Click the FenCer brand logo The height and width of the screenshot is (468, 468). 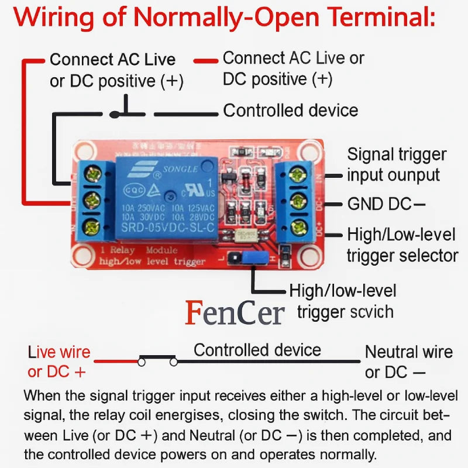pos(235,312)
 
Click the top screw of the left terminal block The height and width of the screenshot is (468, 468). pos(92,174)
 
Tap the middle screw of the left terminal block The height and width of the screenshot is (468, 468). pos(92,200)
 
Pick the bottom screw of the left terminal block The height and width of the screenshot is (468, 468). pos(92,226)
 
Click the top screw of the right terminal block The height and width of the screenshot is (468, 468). pos(298,174)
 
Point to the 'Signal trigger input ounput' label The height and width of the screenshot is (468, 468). pos(397,164)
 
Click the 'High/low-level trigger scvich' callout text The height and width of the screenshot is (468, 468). pos(346,301)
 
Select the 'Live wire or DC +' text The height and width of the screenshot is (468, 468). pos(58,362)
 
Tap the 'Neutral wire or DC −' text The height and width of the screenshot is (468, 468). pos(408,362)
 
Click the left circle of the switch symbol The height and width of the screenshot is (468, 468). pos(142,362)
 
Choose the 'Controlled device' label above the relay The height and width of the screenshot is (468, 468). pos(290,110)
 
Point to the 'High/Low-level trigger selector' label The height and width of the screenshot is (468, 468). pos(402,245)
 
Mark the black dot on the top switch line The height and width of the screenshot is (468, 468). pos(115,115)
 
